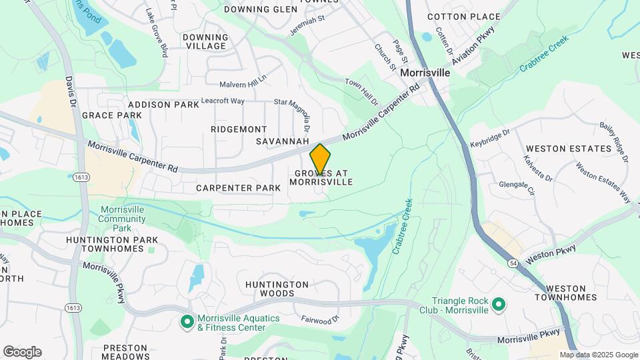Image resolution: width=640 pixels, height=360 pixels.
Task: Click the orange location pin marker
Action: (x=320, y=159)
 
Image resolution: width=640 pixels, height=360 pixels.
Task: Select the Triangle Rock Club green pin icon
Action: (x=497, y=306)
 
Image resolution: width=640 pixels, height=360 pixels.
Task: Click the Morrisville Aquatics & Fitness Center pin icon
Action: (x=187, y=322)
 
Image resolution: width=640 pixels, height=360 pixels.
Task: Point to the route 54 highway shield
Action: (x=513, y=265)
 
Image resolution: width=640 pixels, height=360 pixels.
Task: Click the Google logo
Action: (x=22, y=352)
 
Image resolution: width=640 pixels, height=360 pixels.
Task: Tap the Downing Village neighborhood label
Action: (x=206, y=41)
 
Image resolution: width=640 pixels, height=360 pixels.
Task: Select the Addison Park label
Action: (x=163, y=105)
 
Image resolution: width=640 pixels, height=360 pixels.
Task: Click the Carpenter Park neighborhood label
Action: (x=239, y=188)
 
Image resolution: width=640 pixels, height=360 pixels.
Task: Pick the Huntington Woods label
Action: (x=277, y=289)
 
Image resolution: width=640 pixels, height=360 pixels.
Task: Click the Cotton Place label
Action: (x=473, y=16)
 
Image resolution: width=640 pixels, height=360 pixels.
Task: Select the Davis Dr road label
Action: (x=69, y=93)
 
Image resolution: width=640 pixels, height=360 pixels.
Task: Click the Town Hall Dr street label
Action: (x=361, y=92)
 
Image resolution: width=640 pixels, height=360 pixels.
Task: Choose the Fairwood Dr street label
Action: (x=320, y=321)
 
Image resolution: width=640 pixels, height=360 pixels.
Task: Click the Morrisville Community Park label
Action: (x=123, y=219)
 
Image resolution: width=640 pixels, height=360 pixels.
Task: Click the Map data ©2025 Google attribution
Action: (x=599, y=355)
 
